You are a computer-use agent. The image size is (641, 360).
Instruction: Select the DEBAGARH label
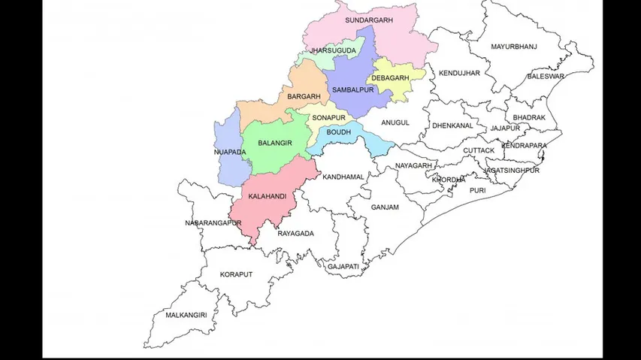coord(389,78)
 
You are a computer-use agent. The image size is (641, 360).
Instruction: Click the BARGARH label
coord(303,97)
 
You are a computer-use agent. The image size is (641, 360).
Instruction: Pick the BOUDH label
coord(339,132)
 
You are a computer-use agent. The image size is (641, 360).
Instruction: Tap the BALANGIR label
coord(274,143)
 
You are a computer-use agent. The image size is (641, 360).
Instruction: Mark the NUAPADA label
coord(229,153)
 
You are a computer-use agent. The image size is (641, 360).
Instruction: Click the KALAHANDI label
coord(267,196)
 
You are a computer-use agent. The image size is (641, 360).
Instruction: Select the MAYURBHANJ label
coord(513,47)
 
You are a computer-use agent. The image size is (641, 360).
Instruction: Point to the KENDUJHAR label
coord(459,74)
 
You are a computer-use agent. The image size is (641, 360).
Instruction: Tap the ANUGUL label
coord(395,123)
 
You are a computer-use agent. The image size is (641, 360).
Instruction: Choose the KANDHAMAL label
coord(343,177)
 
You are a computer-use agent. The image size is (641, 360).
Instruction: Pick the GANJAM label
coord(384,207)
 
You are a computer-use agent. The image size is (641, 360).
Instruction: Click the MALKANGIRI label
coord(186,316)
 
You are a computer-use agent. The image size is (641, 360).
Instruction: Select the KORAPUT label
coord(236,275)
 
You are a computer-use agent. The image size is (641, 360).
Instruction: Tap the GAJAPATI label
coord(343,267)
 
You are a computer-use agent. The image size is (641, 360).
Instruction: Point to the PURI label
coord(477,191)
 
